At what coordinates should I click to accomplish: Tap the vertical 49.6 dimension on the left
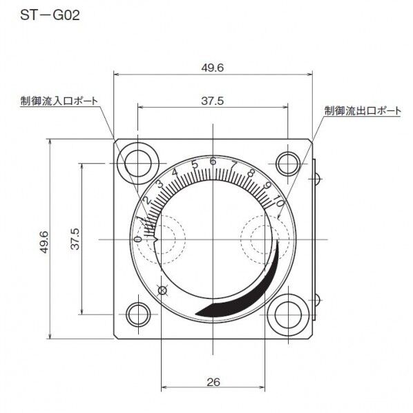point(44,241)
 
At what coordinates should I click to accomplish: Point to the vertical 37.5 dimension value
point(75,239)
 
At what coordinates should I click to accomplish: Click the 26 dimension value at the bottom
point(213,381)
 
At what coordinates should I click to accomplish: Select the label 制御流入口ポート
point(58,102)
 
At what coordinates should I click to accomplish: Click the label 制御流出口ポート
point(362,111)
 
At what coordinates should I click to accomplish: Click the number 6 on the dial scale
point(213,162)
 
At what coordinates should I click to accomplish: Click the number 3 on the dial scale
point(160,184)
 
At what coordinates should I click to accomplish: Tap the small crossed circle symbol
point(163,290)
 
